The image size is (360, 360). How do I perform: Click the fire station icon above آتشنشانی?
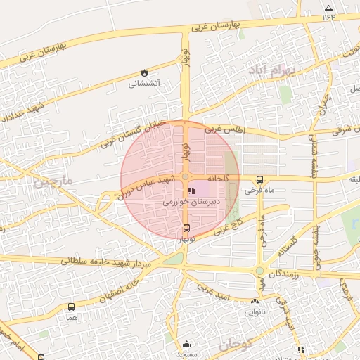[144, 72]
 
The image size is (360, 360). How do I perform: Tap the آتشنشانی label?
[144, 84]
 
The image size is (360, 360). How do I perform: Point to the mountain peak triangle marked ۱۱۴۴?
[328, 8]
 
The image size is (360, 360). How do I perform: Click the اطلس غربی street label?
[223, 130]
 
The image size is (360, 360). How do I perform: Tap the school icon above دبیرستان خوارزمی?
[191, 191]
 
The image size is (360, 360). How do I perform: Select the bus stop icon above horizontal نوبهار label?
[186, 228]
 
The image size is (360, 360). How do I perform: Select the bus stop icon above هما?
[71, 307]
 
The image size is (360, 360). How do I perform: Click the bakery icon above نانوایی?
[255, 301]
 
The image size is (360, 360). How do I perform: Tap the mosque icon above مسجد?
[186, 344]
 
